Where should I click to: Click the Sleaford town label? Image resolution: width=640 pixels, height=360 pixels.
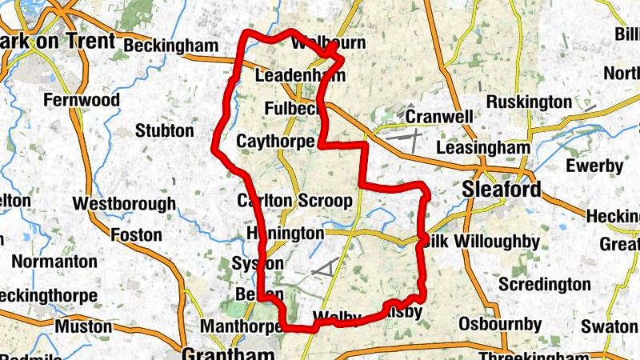coord(502,190)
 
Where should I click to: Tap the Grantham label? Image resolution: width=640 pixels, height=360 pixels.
coord(228,353)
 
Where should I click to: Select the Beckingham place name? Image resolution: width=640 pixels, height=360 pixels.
coord(171,46)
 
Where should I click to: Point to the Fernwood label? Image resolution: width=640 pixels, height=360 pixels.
coord(82,100)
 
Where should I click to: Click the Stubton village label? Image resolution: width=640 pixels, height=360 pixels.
coord(165,130)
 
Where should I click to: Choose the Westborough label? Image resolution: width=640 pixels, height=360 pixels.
coord(124,204)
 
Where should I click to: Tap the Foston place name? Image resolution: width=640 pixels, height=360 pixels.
coord(137,235)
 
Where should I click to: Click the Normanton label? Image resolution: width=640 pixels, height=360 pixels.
coord(54,261)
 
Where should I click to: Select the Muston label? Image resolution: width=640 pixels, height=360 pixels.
coord(83,326)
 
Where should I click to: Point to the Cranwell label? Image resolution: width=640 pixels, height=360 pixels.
coord(439,117)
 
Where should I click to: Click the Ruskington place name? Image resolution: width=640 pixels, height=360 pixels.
coord(529,102)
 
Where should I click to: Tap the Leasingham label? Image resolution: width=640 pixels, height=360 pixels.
coord(484,148)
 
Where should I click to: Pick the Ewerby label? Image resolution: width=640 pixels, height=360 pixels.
coord(594,166)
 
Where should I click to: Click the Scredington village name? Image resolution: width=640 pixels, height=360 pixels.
coord(545,284)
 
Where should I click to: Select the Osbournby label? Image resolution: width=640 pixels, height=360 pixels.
coord(500,324)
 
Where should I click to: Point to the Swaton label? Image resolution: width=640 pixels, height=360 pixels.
coord(610,326)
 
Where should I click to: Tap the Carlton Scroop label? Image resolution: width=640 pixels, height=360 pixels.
coord(294,200)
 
